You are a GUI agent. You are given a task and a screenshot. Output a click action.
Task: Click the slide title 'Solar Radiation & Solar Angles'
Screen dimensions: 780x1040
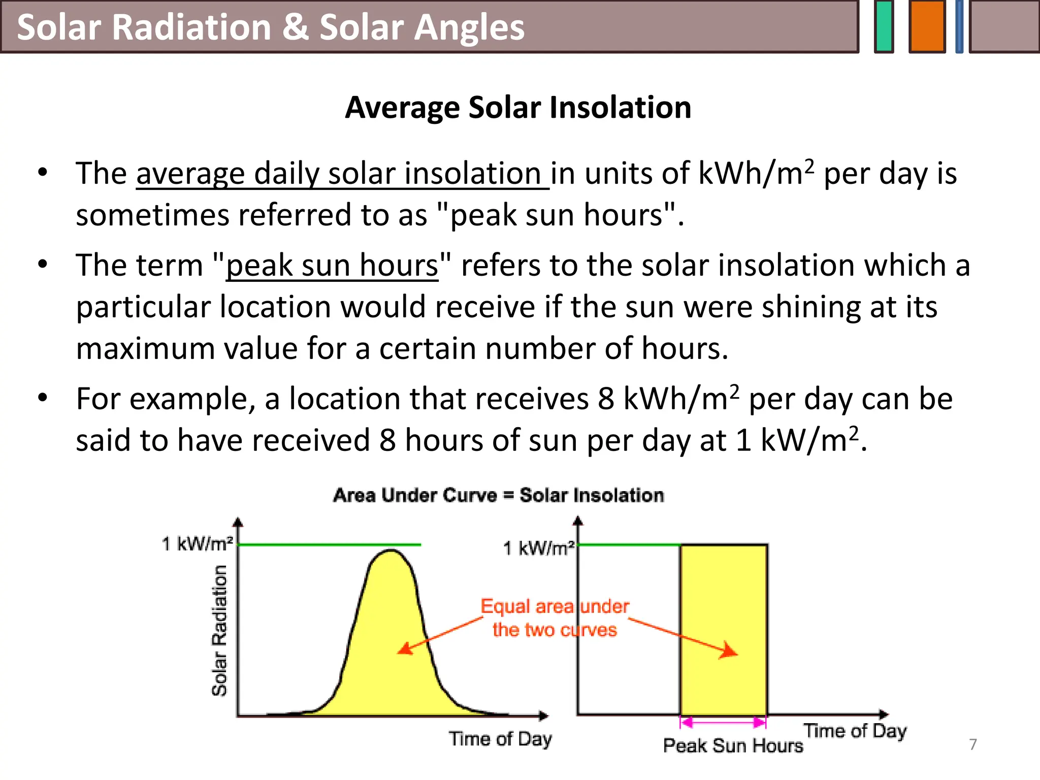pyautogui.click(x=270, y=27)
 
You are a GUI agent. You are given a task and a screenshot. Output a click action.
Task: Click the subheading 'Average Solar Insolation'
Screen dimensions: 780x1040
pyautogui.click(x=518, y=107)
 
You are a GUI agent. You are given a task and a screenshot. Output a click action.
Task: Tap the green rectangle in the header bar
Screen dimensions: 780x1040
pyautogui.click(x=884, y=26)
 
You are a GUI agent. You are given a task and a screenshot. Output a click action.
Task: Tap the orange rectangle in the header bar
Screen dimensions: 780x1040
pyautogui.click(x=927, y=26)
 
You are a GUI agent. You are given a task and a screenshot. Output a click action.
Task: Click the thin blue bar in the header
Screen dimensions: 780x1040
pyautogui.click(x=959, y=26)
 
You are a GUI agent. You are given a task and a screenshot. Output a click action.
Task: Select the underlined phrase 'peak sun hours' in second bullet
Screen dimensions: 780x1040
pyautogui.click(x=332, y=266)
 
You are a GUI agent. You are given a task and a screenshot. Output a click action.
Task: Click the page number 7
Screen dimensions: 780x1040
pyautogui.click(x=972, y=744)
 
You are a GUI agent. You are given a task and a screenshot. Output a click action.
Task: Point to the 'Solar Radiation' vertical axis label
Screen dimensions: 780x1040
pyautogui.click(x=219, y=630)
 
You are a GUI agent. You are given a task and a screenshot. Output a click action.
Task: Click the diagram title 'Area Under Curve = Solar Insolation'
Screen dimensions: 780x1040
pyautogui.click(x=498, y=495)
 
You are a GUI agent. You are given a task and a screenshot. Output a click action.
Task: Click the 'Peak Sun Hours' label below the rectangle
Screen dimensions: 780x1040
pyautogui.click(x=733, y=745)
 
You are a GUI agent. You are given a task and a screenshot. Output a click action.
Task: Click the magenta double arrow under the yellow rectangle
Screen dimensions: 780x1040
pyautogui.click(x=723, y=722)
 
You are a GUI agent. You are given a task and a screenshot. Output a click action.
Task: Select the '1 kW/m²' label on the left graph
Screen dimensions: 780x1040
pyautogui.click(x=197, y=544)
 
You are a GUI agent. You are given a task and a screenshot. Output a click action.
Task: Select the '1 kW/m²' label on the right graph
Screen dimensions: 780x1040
pyautogui.click(x=539, y=548)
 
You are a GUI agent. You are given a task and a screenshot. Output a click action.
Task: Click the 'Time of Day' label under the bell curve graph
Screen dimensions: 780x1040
pyautogui.click(x=500, y=739)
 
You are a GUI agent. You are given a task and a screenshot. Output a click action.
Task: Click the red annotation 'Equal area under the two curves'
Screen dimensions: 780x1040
pyautogui.click(x=555, y=618)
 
